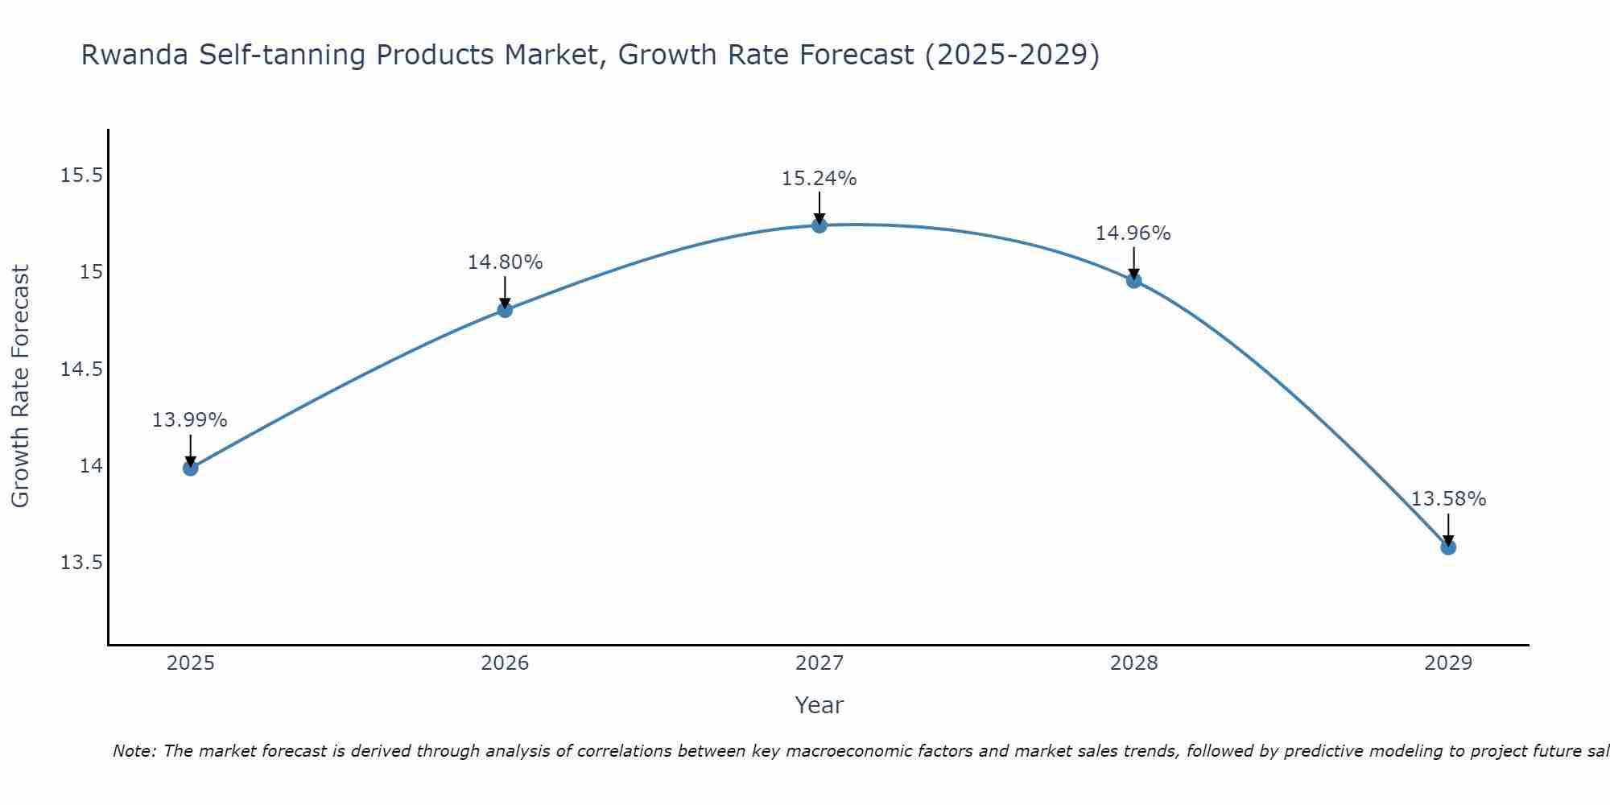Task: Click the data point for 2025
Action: (191, 468)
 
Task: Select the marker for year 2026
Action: (505, 310)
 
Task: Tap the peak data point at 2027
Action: (819, 225)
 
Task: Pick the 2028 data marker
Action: (1133, 280)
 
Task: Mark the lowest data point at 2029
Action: (1448, 547)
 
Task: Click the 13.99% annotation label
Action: (190, 420)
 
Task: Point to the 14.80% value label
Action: (505, 262)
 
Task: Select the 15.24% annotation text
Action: (819, 179)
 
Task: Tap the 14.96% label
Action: (1133, 233)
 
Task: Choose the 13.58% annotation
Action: (1447, 499)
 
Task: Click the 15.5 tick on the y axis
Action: (81, 175)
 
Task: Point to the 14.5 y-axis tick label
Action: (81, 369)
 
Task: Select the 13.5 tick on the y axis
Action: (81, 563)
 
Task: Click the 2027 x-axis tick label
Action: (819, 663)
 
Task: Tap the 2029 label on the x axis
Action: (1447, 663)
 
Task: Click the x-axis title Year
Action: (819, 705)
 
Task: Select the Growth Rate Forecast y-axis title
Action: (21, 386)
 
